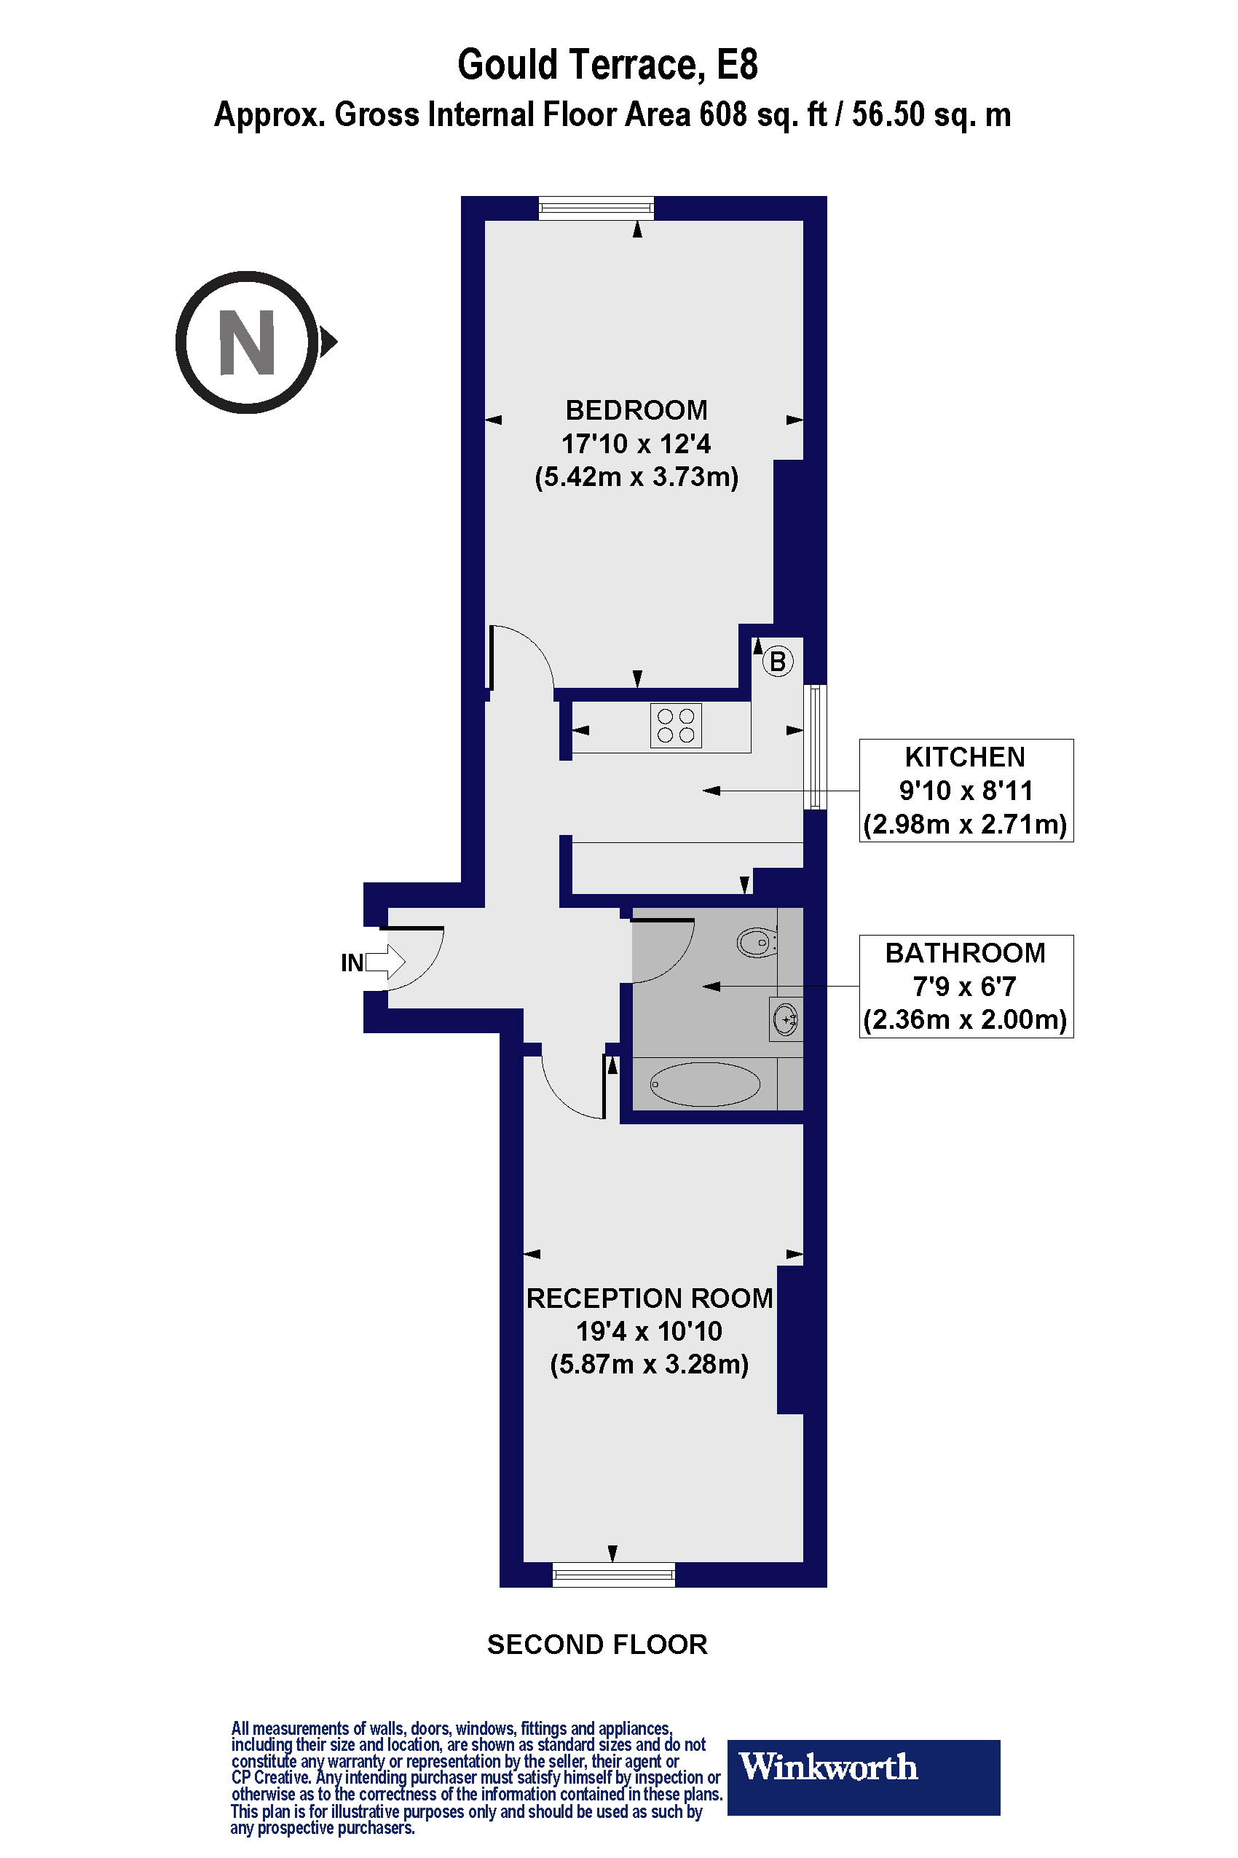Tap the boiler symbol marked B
click(x=778, y=661)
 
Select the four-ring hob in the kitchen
click(x=676, y=726)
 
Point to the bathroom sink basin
click(x=786, y=1020)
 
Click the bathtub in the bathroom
click(x=705, y=1084)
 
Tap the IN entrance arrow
click(x=385, y=963)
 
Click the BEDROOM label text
click(x=636, y=410)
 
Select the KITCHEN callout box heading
click(x=965, y=757)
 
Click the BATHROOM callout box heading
click(x=965, y=953)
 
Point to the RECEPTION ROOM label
click(x=649, y=1298)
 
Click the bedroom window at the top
click(x=597, y=208)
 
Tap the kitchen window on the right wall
click(x=816, y=747)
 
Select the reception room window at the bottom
click(x=613, y=1575)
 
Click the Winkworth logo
click(x=863, y=1767)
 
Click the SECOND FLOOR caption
click(x=597, y=1644)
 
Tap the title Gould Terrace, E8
click(x=607, y=65)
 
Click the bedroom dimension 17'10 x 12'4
click(x=636, y=444)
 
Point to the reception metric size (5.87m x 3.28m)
click(x=649, y=1364)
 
